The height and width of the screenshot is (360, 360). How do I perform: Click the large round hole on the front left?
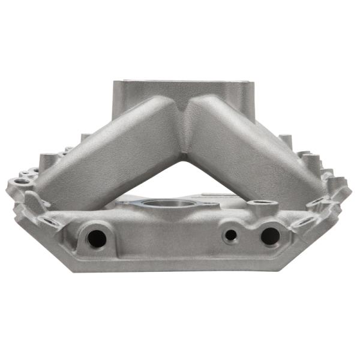(96, 238)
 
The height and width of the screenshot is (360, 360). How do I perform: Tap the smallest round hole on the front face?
(230, 235)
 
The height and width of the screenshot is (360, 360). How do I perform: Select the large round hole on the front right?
(269, 236)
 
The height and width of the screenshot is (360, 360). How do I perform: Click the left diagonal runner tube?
(108, 156)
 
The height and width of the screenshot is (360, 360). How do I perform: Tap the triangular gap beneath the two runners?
(174, 180)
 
